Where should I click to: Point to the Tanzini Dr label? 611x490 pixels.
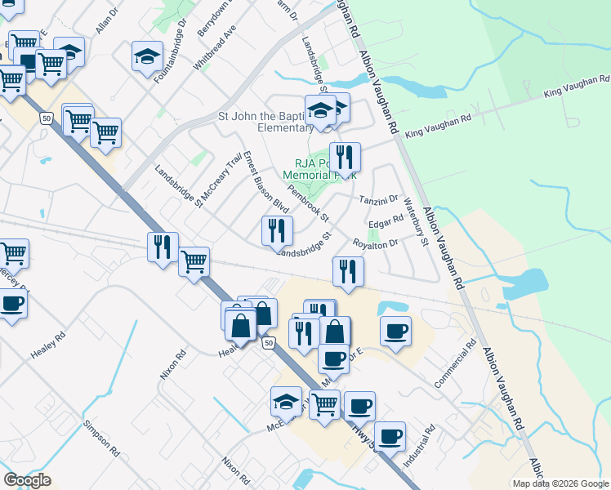(x=378, y=198)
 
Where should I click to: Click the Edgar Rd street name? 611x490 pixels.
(x=386, y=220)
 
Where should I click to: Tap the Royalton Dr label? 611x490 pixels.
(x=374, y=243)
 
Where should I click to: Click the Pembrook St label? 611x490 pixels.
(x=309, y=203)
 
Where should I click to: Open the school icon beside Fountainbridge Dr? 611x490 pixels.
(x=147, y=56)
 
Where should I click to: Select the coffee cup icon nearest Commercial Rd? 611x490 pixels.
(x=395, y=331)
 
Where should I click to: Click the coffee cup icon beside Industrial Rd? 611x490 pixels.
(x=390, y=436)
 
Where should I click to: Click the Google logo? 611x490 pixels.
(x=27, y=480)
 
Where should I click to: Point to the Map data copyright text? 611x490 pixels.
(x=560, y=483)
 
